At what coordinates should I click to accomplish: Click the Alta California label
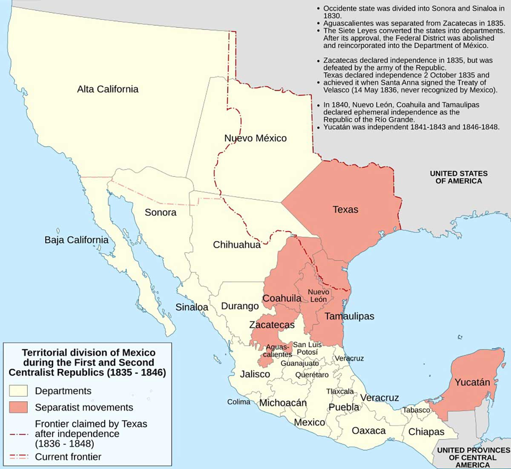(x=108, y=89)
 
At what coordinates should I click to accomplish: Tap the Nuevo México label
(x=255, y=138)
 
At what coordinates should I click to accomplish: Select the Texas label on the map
(x=345, y=210)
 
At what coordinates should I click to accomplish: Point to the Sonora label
(x=161, y=212)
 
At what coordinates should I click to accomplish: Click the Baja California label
(x=76, y=240)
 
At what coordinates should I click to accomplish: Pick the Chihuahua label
(x=237, y=245)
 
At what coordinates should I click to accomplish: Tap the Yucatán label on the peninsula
(x=472, y=382)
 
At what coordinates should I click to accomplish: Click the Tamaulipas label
(x=349, y=316)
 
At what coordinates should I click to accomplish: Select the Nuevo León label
(x=319, y=296)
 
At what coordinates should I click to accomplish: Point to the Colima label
(x=239, y=402)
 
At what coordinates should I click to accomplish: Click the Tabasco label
(x=416, y=410)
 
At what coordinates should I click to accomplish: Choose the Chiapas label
(x=426, y=432)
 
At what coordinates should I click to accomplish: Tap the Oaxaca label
(x=369, y=431)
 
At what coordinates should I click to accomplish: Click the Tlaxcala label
(x=340, y=391)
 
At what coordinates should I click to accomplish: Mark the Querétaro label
(x=312, y=375)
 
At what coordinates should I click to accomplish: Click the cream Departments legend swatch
(x=18, y=391)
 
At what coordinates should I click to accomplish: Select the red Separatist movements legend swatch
(x=18, y=407)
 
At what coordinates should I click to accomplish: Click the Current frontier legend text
(x=68, y=457)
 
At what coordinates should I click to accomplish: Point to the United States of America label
(x=459, y=177)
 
